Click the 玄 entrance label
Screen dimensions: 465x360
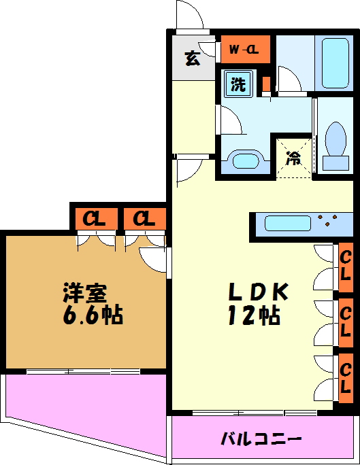tap(193, 58)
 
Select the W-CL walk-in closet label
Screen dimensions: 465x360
tap(242, 49)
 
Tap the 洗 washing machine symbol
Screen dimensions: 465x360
tap(238, 84)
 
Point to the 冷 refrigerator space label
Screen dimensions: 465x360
tap(293, 158)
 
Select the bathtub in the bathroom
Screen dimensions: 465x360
tap(335, 62)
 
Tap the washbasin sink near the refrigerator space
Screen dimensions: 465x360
tap(244, 161)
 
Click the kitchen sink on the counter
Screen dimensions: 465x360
tap(287, 223)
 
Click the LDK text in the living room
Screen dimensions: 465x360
tap(258, 292)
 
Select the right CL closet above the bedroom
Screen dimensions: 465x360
tap(144, 218)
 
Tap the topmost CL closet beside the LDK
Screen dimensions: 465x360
tap(346, 267)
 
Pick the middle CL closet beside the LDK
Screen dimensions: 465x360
tap(346, 322)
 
